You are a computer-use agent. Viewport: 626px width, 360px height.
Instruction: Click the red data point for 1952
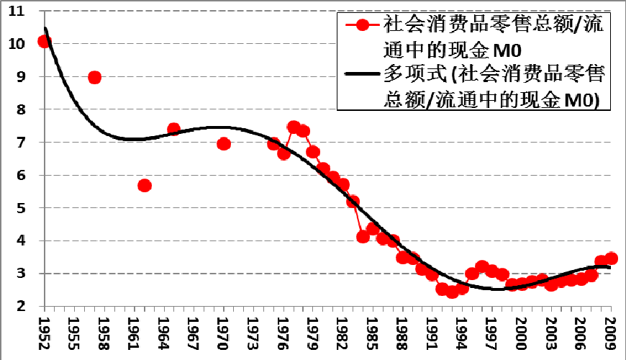tap(44, 41)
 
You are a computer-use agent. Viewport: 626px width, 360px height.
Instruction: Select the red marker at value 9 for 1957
tap(94, 77)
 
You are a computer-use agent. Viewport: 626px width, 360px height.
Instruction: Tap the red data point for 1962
tap(144, 185)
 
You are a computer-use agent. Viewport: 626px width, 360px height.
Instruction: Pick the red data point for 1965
tap(173, 130)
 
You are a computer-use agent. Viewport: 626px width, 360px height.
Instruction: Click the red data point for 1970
tap(224, 143)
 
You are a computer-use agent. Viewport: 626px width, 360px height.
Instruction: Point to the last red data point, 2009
tap(611, 258)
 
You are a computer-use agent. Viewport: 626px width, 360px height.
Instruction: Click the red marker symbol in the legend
tap(364, 25)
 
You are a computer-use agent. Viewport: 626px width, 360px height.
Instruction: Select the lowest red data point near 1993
tap(452, 291)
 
